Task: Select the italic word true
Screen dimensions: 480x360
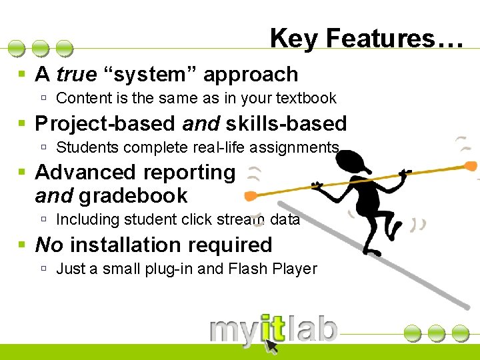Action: [x=77, y=74]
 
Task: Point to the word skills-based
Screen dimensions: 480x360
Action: [x=287, y=123]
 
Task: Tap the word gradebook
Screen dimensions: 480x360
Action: [x=133, y=196]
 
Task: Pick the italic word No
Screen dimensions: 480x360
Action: [x=49, y=245]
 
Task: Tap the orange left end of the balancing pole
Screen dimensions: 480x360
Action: [x=251, y=196]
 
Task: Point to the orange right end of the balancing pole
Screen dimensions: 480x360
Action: [x=471, y=165]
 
